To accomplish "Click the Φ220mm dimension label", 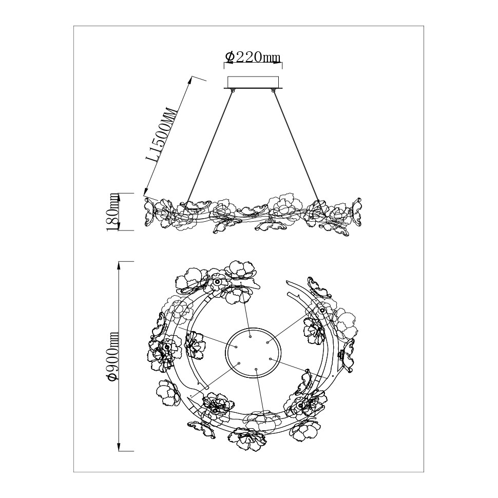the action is pos(253,57).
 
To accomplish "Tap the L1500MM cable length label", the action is pos(164,136).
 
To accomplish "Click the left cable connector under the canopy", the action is pos(233,91).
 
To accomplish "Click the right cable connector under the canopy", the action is pos(273,91).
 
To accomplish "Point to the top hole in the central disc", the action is pos(250,336).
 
